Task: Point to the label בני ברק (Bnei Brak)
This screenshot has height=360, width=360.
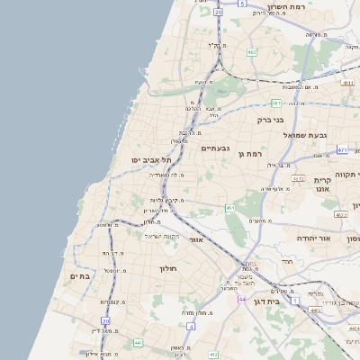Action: pos(271,119)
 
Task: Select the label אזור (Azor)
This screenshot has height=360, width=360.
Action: pos(196,240)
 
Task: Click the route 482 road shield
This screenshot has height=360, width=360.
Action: pos(252,53)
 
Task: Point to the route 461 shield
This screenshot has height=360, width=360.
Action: pos(230,208)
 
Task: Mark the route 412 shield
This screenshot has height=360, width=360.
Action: pos(214,355)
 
